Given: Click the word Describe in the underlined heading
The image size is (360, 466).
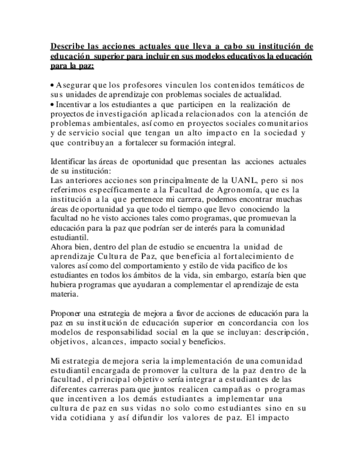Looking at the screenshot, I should click(65, 46).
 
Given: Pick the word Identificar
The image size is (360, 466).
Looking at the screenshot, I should click(68, 162).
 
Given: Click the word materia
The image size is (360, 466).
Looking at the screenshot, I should click(63, 294).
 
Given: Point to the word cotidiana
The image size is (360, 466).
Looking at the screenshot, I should click(87, 418).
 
